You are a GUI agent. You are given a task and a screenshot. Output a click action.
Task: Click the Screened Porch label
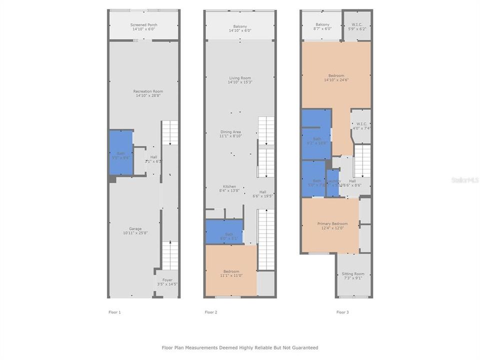(x=144, y=27)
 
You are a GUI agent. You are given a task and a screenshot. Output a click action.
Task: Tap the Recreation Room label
(x=148, y=93)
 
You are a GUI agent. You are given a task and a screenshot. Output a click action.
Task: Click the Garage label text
(x=135, y=231)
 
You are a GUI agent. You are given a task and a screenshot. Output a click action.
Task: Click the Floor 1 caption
(x=114, y=312)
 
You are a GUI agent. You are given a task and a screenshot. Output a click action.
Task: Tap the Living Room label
(x=240, y=80)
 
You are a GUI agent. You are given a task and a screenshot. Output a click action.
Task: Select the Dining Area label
(x=230, y=133)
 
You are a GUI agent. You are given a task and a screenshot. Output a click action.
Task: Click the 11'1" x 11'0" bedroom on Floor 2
(x=231, y=273)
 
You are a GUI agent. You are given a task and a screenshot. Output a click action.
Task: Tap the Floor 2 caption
(x=210, y=312)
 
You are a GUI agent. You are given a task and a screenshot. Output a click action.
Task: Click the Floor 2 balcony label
(x=240, y=28)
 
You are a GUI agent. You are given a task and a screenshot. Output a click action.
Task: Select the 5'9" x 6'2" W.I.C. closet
(x=357, y=26)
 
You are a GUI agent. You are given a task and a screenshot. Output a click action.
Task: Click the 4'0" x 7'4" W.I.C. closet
(x=361, y=125)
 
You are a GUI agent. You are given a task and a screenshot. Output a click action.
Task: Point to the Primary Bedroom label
(x=332, y=225)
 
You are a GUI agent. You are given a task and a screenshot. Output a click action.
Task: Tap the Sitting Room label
(x=353, y=275)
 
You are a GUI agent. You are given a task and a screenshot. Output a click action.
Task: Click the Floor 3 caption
(x=342, y=312)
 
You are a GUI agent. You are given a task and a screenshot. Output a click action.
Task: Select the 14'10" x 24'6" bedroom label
(x=334, y=77)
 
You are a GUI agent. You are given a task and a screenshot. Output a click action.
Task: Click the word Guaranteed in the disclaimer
(x=303, y=347)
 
